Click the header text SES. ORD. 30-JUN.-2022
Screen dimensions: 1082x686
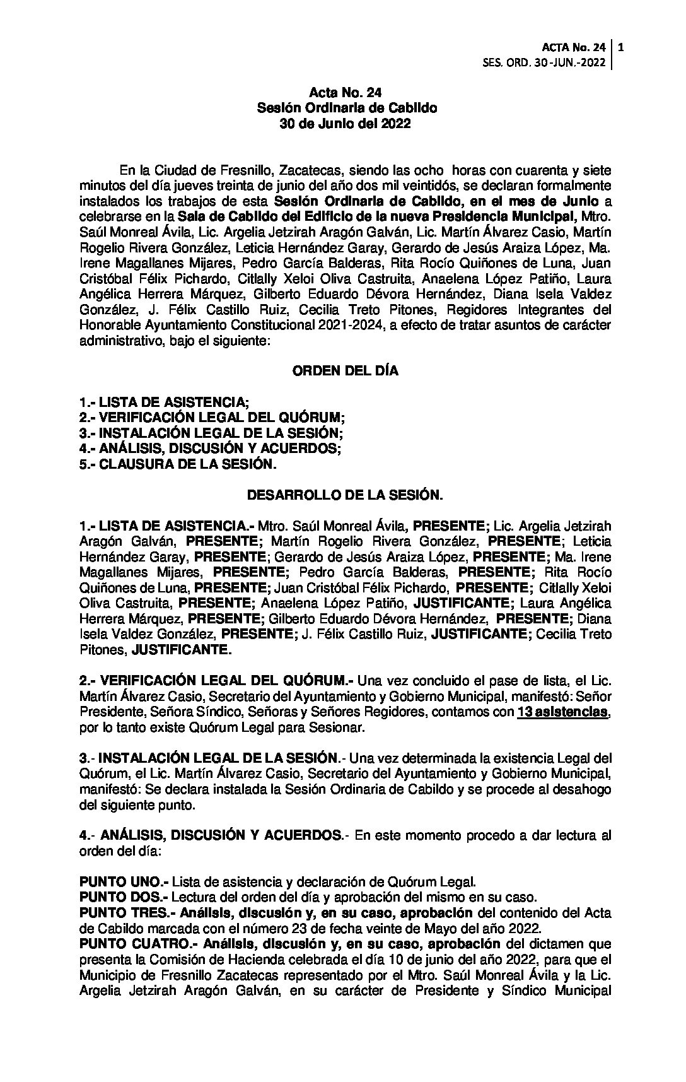pos(544,62)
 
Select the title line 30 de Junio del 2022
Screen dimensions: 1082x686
pos(345,124)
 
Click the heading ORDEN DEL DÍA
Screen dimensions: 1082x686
pos(345,371)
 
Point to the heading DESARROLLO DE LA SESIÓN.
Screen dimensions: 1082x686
pos(345,495)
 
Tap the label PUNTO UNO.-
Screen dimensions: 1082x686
pos(124,881)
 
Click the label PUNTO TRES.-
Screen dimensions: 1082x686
pos(127,912)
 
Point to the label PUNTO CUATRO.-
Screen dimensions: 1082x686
pos(136,944)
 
